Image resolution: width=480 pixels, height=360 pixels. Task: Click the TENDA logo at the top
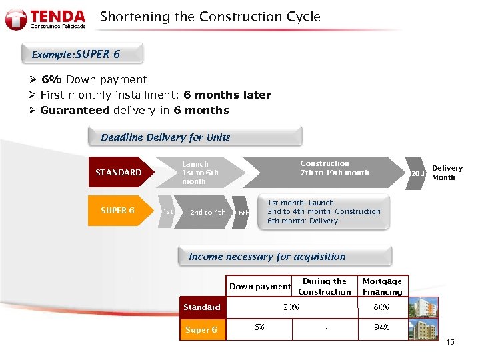(45, 19)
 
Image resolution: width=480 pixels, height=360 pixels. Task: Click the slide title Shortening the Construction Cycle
(210, 17)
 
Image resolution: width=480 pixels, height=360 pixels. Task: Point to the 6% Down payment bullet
(93, 79)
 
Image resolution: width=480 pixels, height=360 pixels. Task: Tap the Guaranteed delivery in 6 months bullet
(134, 111)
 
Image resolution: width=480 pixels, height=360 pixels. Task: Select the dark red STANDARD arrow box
(120, 173)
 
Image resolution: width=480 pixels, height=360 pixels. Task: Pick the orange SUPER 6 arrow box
(119, 211)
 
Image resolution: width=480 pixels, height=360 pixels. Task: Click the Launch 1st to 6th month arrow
(197, 173)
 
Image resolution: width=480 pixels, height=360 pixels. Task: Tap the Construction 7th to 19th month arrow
(327, 168)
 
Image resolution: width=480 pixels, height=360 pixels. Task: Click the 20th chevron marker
(417, 174)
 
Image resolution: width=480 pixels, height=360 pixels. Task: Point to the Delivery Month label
(447, 173)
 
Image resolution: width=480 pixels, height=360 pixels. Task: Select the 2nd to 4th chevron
(207, 213)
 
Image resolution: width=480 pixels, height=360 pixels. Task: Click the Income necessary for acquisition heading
(267, 257)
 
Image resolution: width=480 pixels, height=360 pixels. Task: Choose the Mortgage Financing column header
(382, 287)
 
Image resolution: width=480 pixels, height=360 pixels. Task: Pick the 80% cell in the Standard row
(382, 307)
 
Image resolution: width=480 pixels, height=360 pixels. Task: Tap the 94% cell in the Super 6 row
(382, 327)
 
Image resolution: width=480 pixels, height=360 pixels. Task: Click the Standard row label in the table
(202, 307)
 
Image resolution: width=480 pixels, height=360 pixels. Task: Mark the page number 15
(449, 343)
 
